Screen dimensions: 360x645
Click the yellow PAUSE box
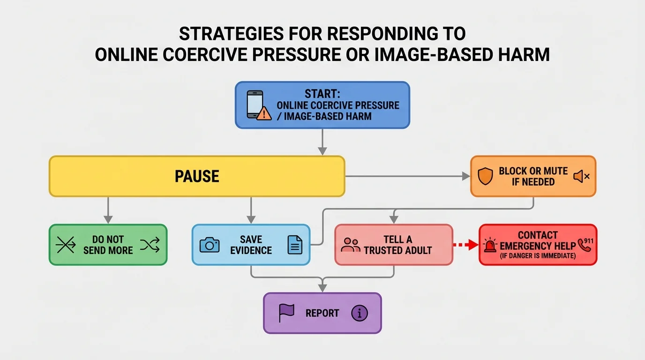[x=197, y=176]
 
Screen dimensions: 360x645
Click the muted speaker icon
[x=581, y=176]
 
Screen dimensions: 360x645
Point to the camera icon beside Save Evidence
[x=210, y=245]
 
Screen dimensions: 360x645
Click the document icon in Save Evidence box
[x=295, y=245]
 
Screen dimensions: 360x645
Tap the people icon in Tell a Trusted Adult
[x=351, y=245]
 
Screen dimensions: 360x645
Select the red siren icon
[x=490, y=245]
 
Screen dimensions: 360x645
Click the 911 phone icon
[x=585, y=244]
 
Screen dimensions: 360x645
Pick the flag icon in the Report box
[x=286, y=313]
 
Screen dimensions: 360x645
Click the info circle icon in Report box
[x=359, y=313]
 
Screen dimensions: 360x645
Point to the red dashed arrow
[x=466, y=245]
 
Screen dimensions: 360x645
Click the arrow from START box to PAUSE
[x=322, y=142]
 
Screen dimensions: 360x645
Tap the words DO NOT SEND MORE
[x=108, y=245]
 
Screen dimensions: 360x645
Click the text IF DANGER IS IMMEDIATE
[x=537, y=256]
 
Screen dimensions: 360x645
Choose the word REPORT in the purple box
[x=322, y=313]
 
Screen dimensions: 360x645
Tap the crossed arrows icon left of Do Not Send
[x=66, y=245]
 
